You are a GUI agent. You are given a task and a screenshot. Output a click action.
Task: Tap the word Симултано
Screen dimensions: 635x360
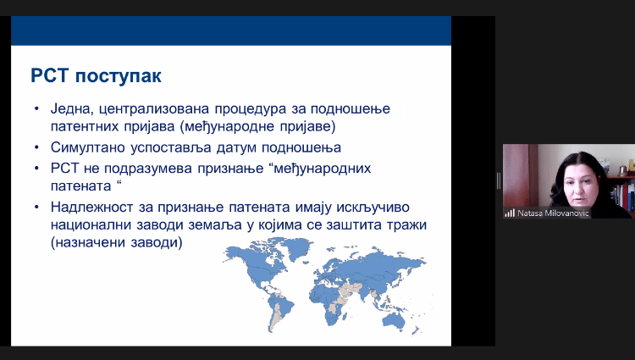click(87, 147)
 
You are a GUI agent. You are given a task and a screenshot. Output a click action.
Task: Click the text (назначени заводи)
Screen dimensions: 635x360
click(117, 242)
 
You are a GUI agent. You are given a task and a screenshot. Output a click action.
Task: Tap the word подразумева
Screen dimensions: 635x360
click(148, 169)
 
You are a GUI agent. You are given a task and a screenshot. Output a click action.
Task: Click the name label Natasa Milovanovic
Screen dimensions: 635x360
click(553, 213)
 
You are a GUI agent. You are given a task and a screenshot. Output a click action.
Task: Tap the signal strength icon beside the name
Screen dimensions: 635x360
click(510, 213)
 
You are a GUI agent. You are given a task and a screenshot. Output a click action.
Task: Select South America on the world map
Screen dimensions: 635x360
click(279, 311)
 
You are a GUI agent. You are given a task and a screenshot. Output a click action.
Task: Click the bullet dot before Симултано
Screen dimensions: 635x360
click(37, 147)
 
